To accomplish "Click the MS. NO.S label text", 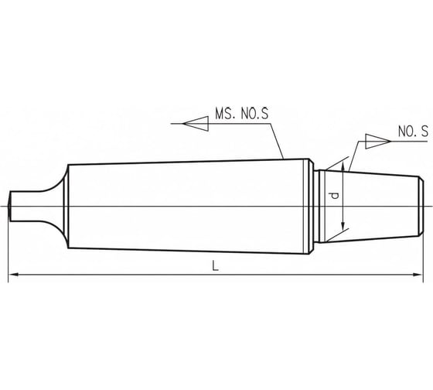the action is coord(241,114).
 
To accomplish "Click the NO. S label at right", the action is coord(413,132).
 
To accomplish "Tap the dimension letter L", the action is coord(216,266).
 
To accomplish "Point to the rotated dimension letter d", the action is coord(335,196).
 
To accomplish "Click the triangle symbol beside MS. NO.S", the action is coord(196,124).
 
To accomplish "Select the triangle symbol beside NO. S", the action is coord(378,142).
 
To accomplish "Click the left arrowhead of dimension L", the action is coord(14,275).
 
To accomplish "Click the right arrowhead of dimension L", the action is coord(418,275).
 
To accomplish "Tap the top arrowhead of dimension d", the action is coord(343,166).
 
